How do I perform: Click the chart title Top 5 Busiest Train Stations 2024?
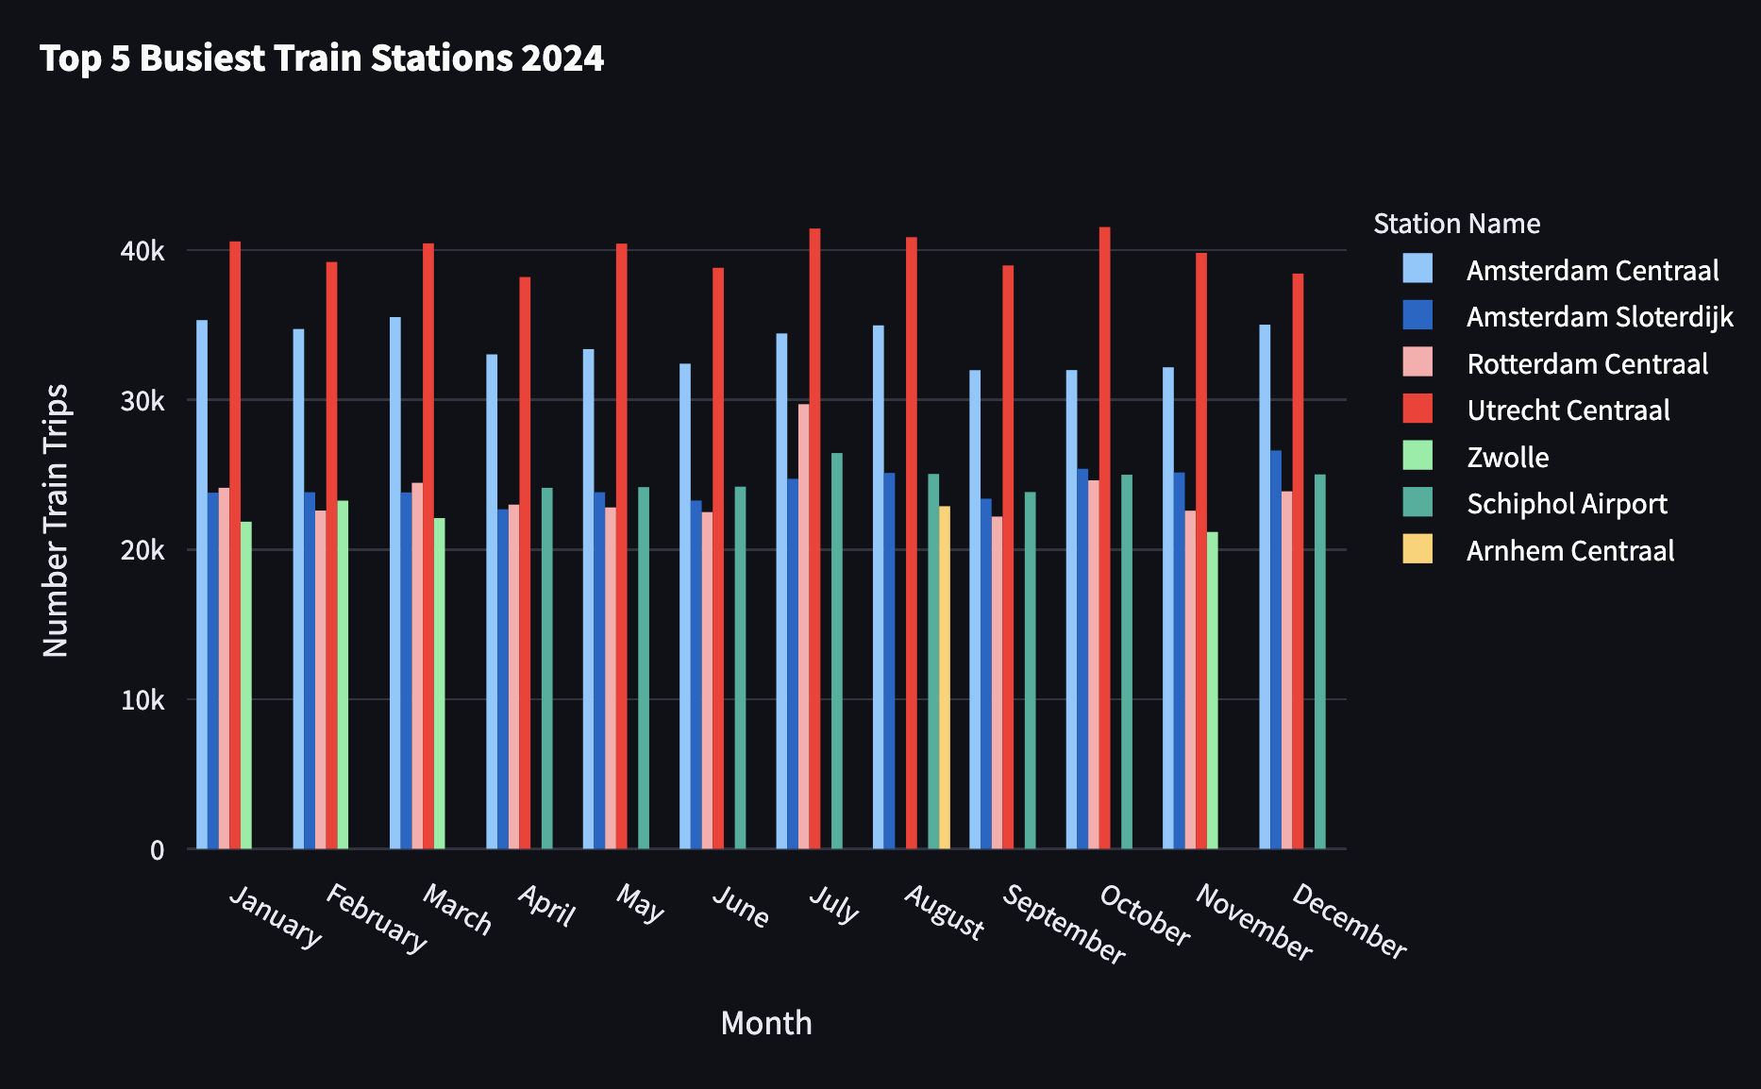tap(321, 59)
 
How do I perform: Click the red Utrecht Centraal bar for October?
tap(1104, 538)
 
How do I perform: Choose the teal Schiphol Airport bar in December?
tap(1320, 662)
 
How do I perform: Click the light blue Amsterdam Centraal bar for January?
tap(202, 585)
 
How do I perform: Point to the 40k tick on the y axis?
tap(143, 251)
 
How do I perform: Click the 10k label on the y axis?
tap(143, 700)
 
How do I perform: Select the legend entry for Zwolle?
tap(1507, 458)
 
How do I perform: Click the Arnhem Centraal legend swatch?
tap(1417, 549)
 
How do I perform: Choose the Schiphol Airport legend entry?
tap(1567, 504)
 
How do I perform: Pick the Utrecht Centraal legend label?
tap(1568, 410)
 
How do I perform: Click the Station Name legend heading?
tap(1456, 224)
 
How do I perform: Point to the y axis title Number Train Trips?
tap(56, 520)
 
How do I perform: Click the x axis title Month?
tap(765, 1023)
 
